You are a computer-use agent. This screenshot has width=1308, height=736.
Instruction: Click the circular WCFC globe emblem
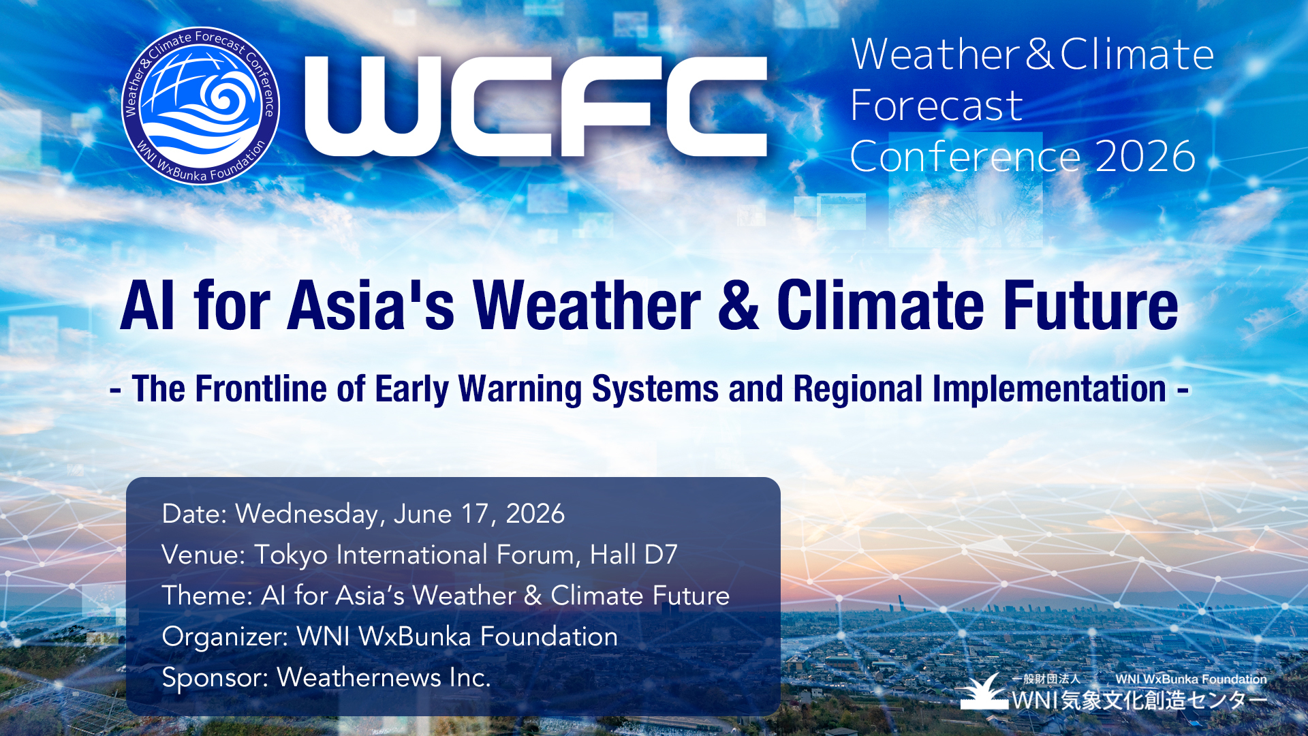pos(201,106)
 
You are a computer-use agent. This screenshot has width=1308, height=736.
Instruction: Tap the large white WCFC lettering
pos(536,106)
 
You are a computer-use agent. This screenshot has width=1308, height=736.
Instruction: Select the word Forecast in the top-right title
pos(937,106)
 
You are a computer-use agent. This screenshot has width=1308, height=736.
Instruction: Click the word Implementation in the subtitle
pos(1049,390)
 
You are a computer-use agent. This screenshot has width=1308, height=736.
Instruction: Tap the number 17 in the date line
pos(476,514)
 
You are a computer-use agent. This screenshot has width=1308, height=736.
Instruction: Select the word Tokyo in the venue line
pos(291,555)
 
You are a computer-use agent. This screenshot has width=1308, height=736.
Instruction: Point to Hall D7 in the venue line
pos(634,555)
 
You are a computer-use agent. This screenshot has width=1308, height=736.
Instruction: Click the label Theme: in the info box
pos(208,596)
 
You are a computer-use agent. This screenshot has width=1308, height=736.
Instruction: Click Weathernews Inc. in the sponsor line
pos(384,677)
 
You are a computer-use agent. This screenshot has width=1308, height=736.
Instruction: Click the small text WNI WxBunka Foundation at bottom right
pos(1191,679)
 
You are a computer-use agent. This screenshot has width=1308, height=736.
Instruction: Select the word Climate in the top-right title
pos(1137,54)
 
